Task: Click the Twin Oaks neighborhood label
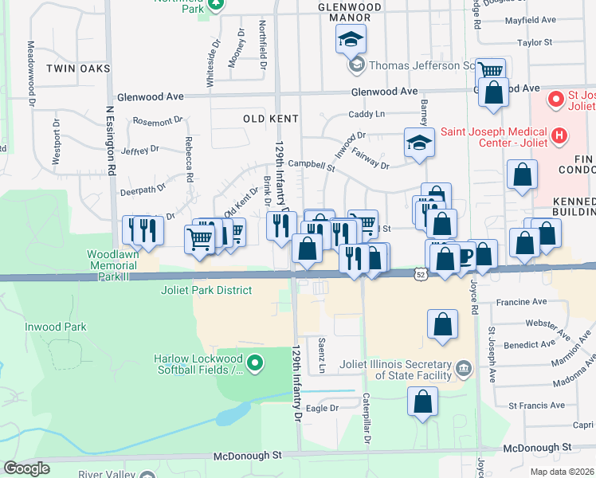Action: [78, 69]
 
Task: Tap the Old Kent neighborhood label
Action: [271, 119]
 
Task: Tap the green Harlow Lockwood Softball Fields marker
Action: [255, 365]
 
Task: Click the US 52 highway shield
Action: [419, 274]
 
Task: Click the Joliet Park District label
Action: [206, 291]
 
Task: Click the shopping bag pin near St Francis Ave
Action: [422, 402]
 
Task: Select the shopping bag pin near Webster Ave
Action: [442, 326]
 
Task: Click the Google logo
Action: [26, 468]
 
